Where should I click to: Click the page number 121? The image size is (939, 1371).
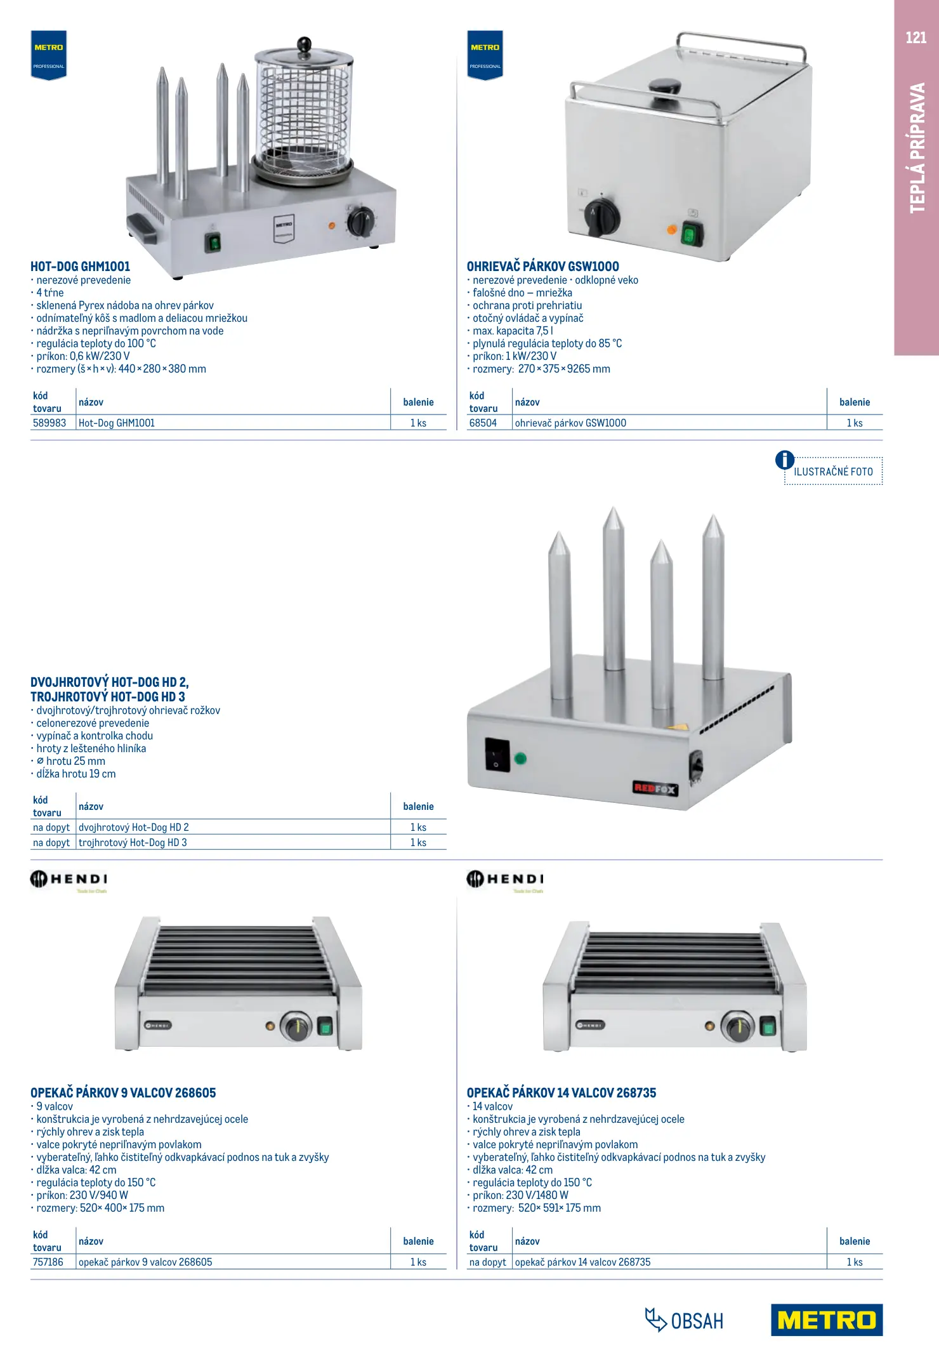click(x=916, y=38)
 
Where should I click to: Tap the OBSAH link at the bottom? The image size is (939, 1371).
click(x=685, y=1321)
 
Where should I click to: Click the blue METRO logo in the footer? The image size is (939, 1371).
click(x=826, y=1320)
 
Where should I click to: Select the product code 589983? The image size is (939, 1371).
click(x=49, y=423)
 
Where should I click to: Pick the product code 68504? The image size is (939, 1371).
click(x=483, y=423)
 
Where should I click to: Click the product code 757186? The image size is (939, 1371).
click(x=48, y=1262)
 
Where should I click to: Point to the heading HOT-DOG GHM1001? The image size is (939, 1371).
click(x=81, y=267)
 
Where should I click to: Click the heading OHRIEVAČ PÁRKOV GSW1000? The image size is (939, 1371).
click(x=542, y=267)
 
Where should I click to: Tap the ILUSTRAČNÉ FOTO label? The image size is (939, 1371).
click(x=833, y=472)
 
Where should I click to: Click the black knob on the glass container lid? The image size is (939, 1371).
click(x=305, y=44)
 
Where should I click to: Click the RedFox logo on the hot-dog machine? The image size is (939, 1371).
click(x=655, y=788)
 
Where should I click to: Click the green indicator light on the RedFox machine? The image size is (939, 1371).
click(x=520, y=758)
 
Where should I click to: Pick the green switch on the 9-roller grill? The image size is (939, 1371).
click(x=325, y=1026)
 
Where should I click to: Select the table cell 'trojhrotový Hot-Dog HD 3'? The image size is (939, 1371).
click(x=133, y=842)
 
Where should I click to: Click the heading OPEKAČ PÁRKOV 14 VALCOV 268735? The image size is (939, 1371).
click(x=561, y=1093)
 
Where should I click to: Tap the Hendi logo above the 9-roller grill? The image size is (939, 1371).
click(x=69, y=880)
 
